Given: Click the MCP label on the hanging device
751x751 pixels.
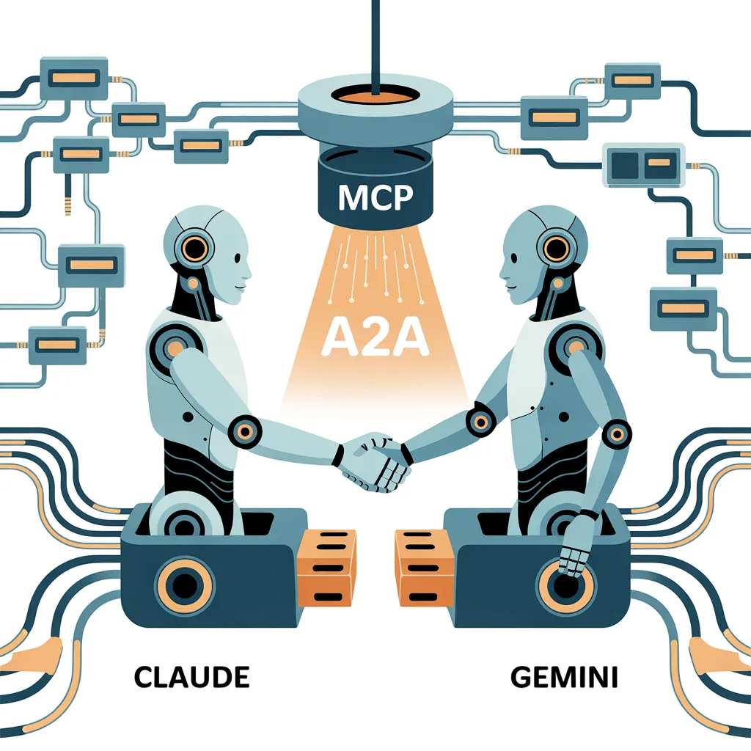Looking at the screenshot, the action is tap(375, 197).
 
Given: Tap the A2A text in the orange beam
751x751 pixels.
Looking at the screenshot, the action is tap(375, 337).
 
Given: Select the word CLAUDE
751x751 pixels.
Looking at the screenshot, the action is tap(191, 677).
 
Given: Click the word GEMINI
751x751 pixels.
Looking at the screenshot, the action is tap(564, 677).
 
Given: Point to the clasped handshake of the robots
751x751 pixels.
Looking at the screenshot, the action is tap(377, 462).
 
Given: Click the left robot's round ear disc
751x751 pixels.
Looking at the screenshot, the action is tap(194, 249).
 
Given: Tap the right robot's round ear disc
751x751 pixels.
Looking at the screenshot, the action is tap(556, 249).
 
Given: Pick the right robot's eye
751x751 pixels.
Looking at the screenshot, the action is tap(513, 258).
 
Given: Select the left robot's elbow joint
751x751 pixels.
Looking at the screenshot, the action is tap(245, 431).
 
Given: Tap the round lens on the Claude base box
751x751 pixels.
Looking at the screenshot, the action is tap(184, 585).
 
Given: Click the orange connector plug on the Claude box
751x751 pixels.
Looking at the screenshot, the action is tap(326, 568).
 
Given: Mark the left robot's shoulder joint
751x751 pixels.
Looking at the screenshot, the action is tap(173, 346).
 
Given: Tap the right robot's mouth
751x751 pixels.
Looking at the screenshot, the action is tap(510, 287).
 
